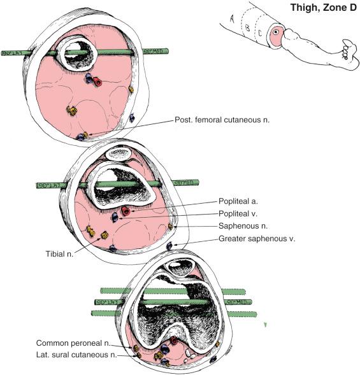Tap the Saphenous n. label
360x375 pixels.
(x=241, y=226)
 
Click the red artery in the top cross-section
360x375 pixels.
(x=97, y=81)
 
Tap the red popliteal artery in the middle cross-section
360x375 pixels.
(x=126, y=211)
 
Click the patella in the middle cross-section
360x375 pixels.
(x=119, y=152)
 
